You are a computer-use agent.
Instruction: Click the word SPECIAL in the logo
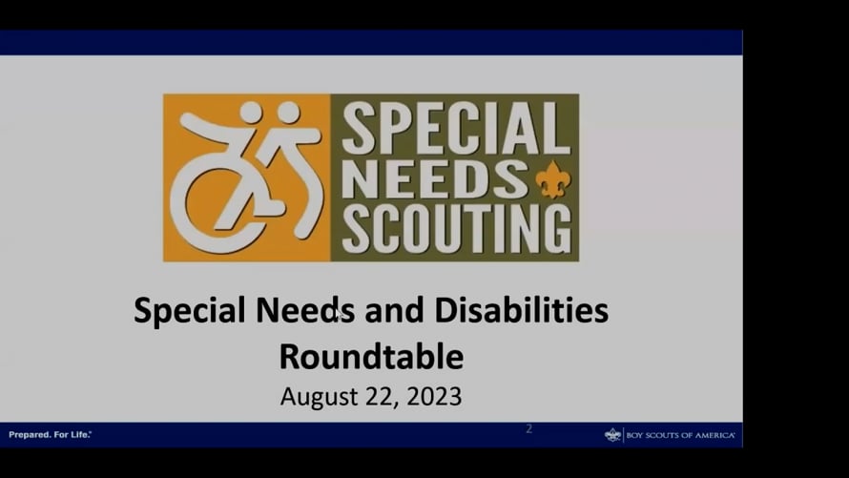coord(456,128)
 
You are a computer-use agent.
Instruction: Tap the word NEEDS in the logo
coord(435,178)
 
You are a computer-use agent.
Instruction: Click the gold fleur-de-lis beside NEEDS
coord(552,179)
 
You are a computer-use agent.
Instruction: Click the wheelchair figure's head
coord(251,113)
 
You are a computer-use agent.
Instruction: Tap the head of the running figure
coord(289,113)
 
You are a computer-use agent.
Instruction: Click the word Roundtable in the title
coord(371,356)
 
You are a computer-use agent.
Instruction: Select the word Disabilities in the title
coord(522,310)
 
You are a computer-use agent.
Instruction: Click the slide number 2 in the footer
coord(529,428)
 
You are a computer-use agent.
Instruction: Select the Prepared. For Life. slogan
coord(50,434)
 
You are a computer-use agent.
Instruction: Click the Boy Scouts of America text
coord(680,435)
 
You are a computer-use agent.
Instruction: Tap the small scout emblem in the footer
coord(612,435)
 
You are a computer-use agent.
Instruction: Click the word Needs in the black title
coord(305,310)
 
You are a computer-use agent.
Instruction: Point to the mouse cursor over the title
coord(337,315)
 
